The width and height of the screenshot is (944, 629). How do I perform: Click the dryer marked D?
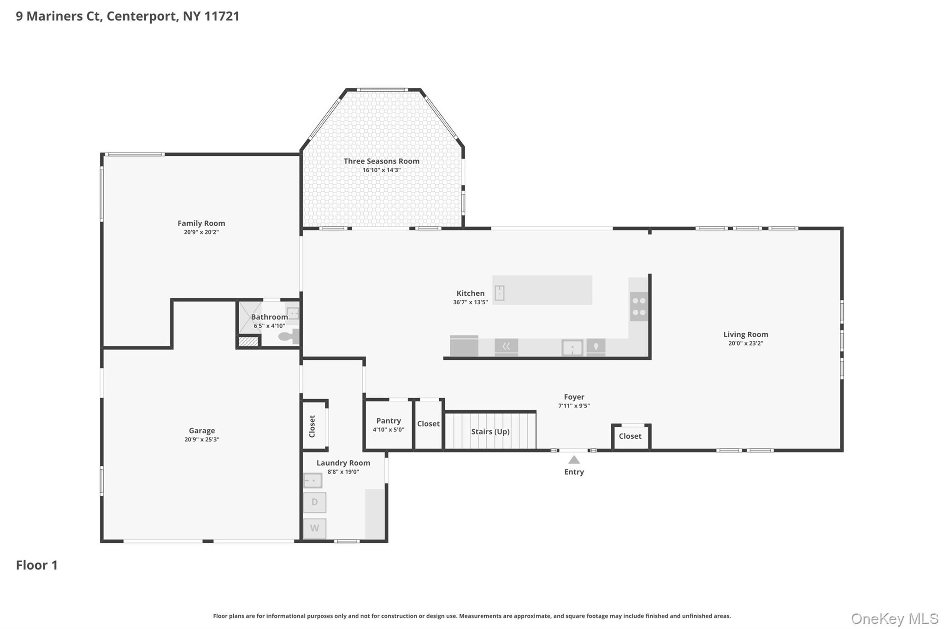coord(314,502)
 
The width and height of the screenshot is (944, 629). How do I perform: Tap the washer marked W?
coord(314,528)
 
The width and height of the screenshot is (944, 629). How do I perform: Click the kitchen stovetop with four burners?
coord(639,306)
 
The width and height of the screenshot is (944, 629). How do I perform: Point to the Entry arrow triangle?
coord(574,460)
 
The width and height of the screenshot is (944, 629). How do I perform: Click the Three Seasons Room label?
coord(381,161)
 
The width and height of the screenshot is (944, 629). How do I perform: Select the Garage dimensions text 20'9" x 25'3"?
coord(201,440)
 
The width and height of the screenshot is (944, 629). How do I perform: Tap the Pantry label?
coord(389,421)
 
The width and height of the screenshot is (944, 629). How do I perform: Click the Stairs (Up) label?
coord(490,432)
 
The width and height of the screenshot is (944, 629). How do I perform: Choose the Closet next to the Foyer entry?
coord(630,436)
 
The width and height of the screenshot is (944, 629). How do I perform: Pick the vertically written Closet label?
coord(312,426)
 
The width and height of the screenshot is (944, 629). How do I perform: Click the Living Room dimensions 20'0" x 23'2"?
coord(745,343)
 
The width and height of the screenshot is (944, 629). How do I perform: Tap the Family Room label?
coord(201,223)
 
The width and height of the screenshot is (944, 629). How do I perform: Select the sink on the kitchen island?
coord(500,293)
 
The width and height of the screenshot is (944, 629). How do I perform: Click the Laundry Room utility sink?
coord(313,481)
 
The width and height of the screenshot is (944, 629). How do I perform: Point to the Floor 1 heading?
coord(37,565)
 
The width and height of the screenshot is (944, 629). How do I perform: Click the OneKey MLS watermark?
coord(894,618)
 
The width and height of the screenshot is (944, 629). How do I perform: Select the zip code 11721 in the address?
coord(222,16)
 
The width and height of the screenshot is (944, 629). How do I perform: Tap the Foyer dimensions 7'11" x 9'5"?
coord(574,406)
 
